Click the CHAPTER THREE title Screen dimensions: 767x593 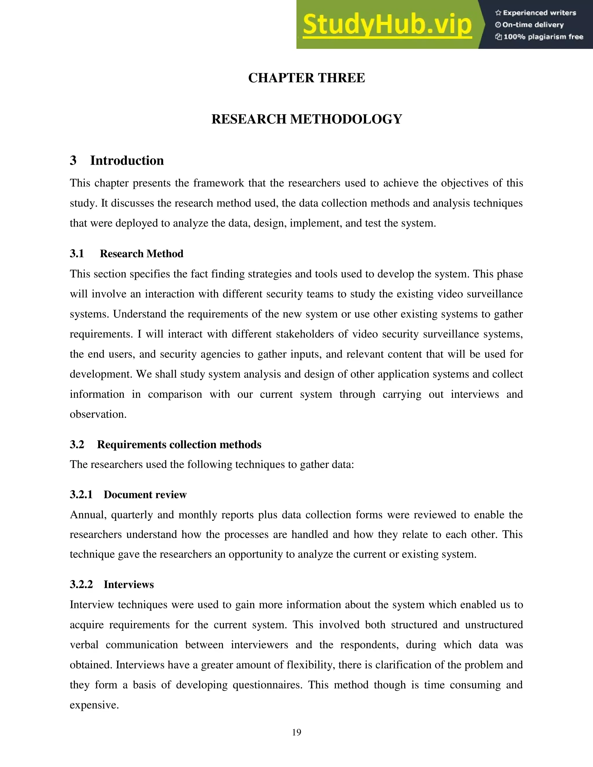pos(306,78)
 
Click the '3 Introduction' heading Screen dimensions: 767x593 pos(117,161)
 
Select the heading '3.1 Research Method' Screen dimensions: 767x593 pos(127,254)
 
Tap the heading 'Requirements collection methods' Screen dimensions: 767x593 pos(179,445)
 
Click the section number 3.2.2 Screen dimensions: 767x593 pos(81,585)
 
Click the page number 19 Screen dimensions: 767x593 pos(296,732)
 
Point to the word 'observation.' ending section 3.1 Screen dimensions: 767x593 pos(98,414)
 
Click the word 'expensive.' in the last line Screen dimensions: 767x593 pos(94,705)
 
